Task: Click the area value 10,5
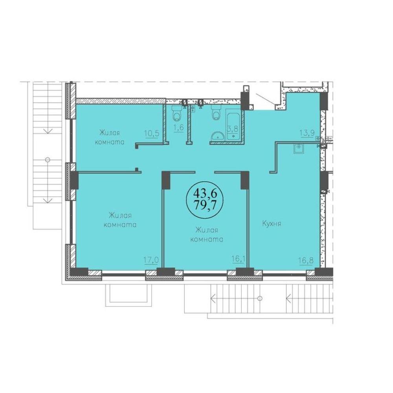[152, 133]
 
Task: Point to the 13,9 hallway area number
[307, 133]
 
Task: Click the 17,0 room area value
[151, 260]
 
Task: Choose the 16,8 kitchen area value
[306, 260]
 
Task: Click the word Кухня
[272, 223]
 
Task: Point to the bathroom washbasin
[218, 136]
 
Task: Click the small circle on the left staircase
[48, 160]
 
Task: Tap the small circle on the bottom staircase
[261, 299]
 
